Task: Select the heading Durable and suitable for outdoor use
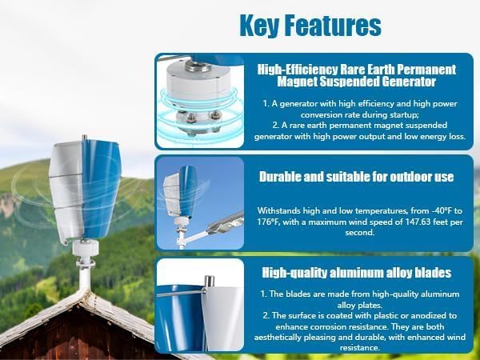(x=356, y=176)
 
